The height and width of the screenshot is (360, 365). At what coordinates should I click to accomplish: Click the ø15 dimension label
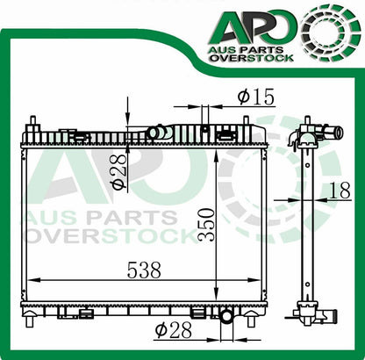pos(256,97)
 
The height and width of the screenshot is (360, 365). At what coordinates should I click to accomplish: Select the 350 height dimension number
pos(205,225)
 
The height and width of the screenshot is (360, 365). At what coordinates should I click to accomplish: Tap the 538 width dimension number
pos(144,270)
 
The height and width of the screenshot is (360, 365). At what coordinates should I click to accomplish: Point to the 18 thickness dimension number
pos(340,191)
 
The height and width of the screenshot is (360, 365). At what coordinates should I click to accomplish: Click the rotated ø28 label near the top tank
pos(119,171)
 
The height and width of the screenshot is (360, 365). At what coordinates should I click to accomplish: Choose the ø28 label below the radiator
pos(174,330)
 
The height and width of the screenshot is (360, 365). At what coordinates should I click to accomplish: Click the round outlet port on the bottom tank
pos(226,316)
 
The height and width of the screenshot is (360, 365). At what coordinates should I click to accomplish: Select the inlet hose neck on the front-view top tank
pos(160,132)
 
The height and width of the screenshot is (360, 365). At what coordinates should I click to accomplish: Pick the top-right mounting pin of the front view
pos(247,120)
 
